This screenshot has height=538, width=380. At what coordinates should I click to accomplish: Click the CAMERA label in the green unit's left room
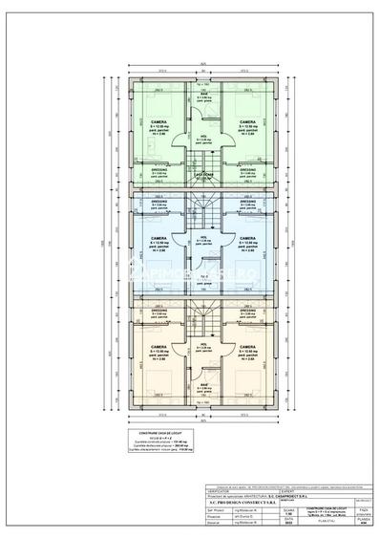[156, 123]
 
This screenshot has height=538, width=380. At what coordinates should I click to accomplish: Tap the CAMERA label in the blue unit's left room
[156, 238]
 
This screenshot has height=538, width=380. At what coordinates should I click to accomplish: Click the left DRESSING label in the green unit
[156, 169]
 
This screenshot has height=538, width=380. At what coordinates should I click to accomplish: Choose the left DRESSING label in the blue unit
[156, 202]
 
